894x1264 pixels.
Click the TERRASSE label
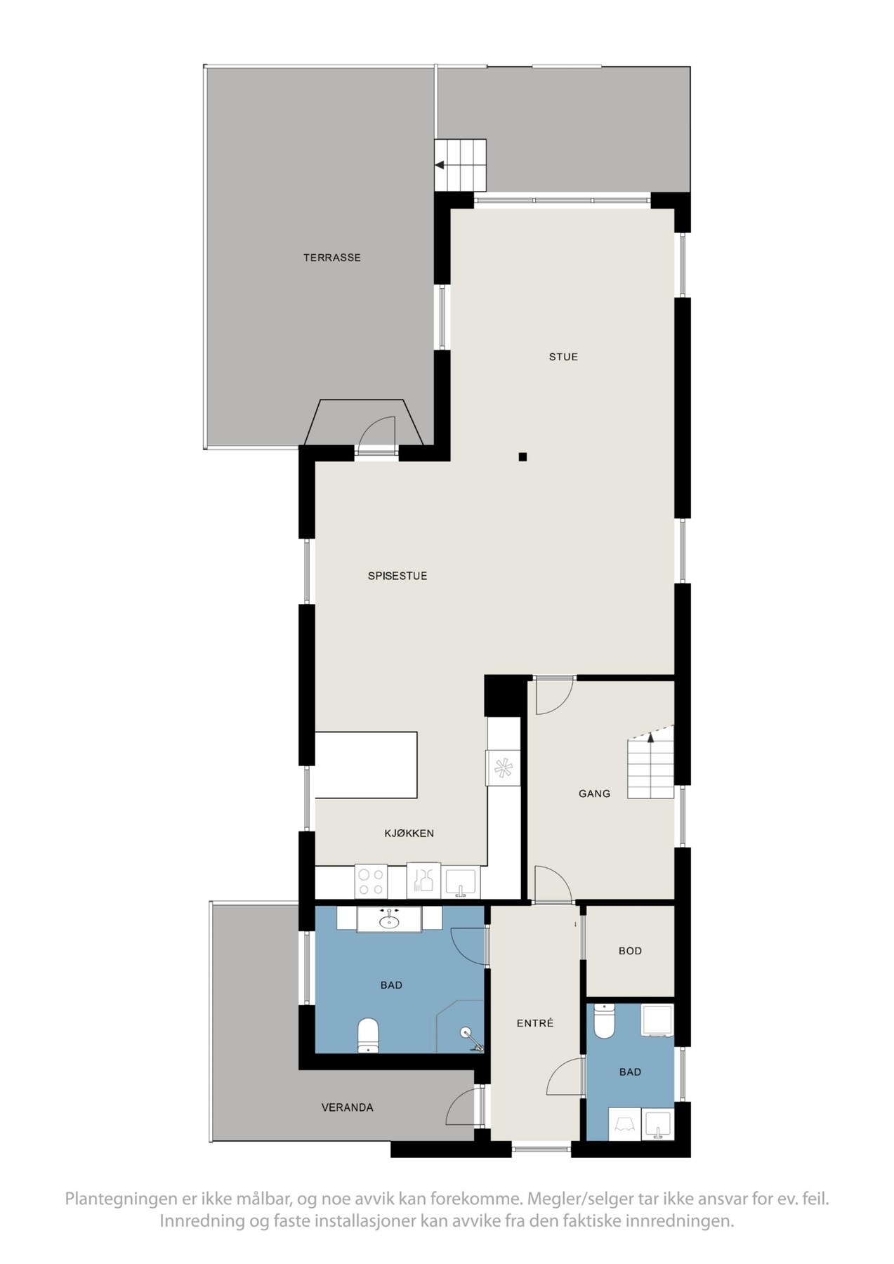point(331,258)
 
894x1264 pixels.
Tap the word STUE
point(563,357)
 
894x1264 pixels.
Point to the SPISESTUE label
point(397,576)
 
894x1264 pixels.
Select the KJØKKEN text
point(409,834)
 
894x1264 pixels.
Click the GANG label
point(594,794)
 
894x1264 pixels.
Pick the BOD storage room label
point(630,951)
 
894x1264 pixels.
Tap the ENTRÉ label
point(535,1023)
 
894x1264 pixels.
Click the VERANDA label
point(347,1107)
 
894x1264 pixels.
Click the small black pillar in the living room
point(522,457)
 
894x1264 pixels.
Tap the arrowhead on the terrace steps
point(440,166)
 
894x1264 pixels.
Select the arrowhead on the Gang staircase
point(651,737)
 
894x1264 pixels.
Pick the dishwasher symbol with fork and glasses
point(423,881)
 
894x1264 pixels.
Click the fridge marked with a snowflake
point(504,768)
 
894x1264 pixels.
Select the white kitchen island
point(366,765)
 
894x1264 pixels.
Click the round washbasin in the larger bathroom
point(388,921)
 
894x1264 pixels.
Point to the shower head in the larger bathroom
point(466,1032)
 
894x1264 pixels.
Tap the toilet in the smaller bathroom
point(604,1022)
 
